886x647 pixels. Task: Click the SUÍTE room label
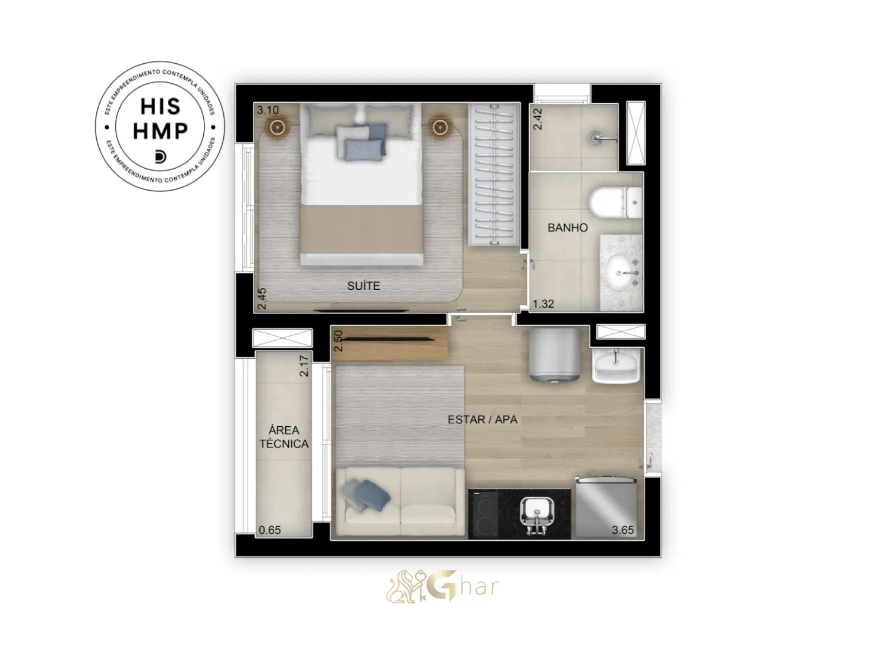[x=363, y=286]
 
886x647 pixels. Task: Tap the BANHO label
[x=568, y=228]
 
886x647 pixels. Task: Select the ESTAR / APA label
[x=483, y=420]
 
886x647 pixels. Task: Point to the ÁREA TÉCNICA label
[x=284, y=437]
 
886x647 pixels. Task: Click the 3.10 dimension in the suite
[x=268, y=110]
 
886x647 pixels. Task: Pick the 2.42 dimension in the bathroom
[x=538, y=119]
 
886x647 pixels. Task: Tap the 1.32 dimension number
[x=543, y=304]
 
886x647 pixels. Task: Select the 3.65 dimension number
[x=623, y=530]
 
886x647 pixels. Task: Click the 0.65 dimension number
[x=270, y=530]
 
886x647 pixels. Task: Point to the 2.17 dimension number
[x=304, y=365]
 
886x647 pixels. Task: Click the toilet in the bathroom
[x=615, y=202]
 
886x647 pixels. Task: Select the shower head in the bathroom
[x=603, y=138]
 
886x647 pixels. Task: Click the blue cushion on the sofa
[x=372, y=495]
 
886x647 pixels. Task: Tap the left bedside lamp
[x=278, y=127]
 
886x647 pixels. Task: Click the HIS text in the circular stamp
[x=160, y=106]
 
